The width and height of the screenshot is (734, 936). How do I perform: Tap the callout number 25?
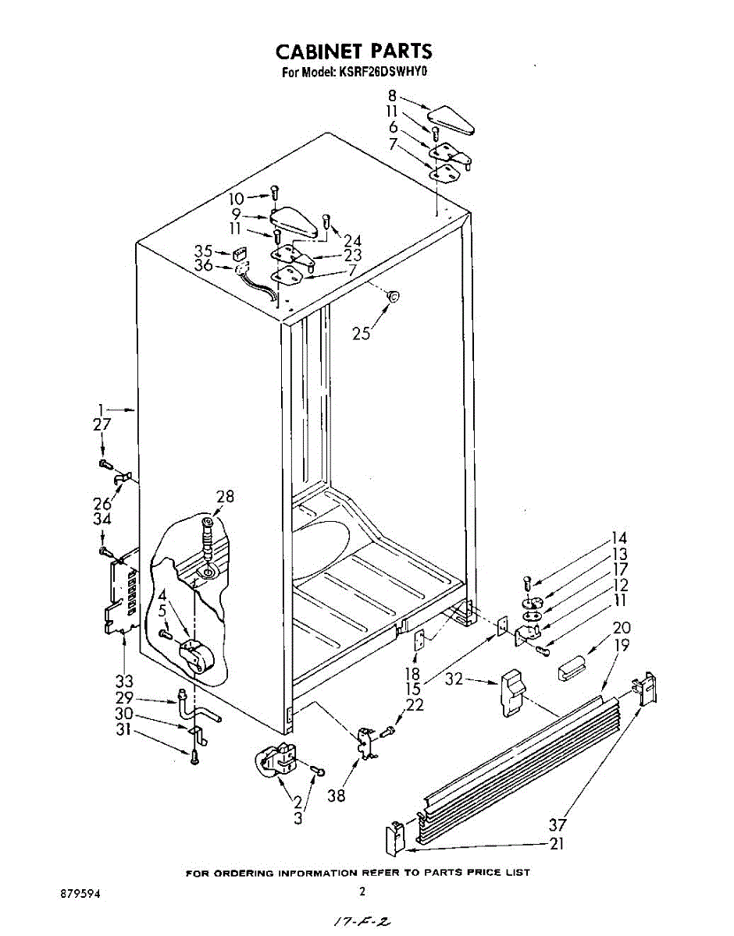(361, 334)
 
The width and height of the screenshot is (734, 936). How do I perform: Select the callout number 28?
(225, 497)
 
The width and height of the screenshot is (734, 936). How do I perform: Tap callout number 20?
(622, 628)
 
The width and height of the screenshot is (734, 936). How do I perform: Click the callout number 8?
(392, 96)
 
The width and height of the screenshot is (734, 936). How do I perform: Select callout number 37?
(558, 824)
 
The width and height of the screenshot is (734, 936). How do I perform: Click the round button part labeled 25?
(394, 296)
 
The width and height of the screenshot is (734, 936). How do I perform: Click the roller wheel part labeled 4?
(198, 655)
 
